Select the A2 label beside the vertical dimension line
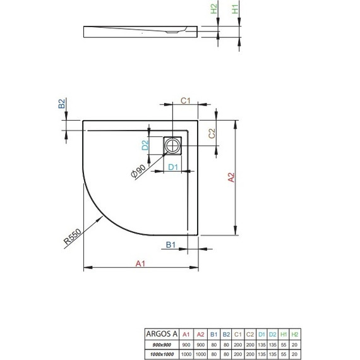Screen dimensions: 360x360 click(x=231, y=179)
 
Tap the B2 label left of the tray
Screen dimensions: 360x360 click(x=62, y=106)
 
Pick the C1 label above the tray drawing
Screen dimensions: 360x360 click(x=186, y=100)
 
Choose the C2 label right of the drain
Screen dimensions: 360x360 click(x=213, y=133)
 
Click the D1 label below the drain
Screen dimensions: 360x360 click(x=173, y=167)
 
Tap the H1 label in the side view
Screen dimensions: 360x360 click(x=234, y=9)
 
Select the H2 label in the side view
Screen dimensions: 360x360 click(x=214, y=9)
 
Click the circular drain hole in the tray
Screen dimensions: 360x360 click(x=173, y=146)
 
